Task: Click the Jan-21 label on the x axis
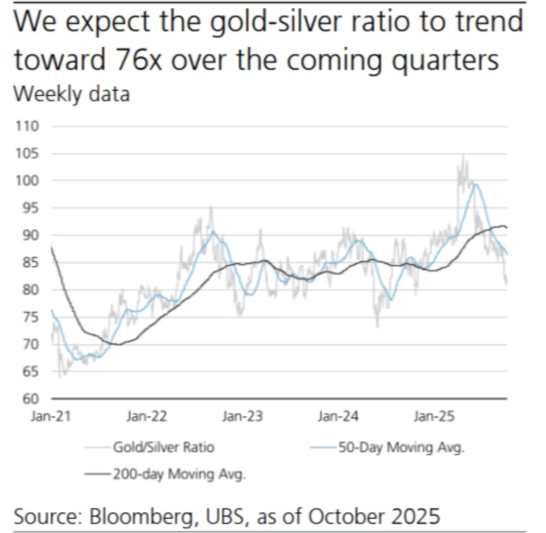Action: (x=51, y=417)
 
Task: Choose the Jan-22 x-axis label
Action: (x=147, y=417)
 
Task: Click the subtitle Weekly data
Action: (x=72, y=94)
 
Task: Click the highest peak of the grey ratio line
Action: (x=462, y=156)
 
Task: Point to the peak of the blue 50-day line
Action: (x=476, y=184)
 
